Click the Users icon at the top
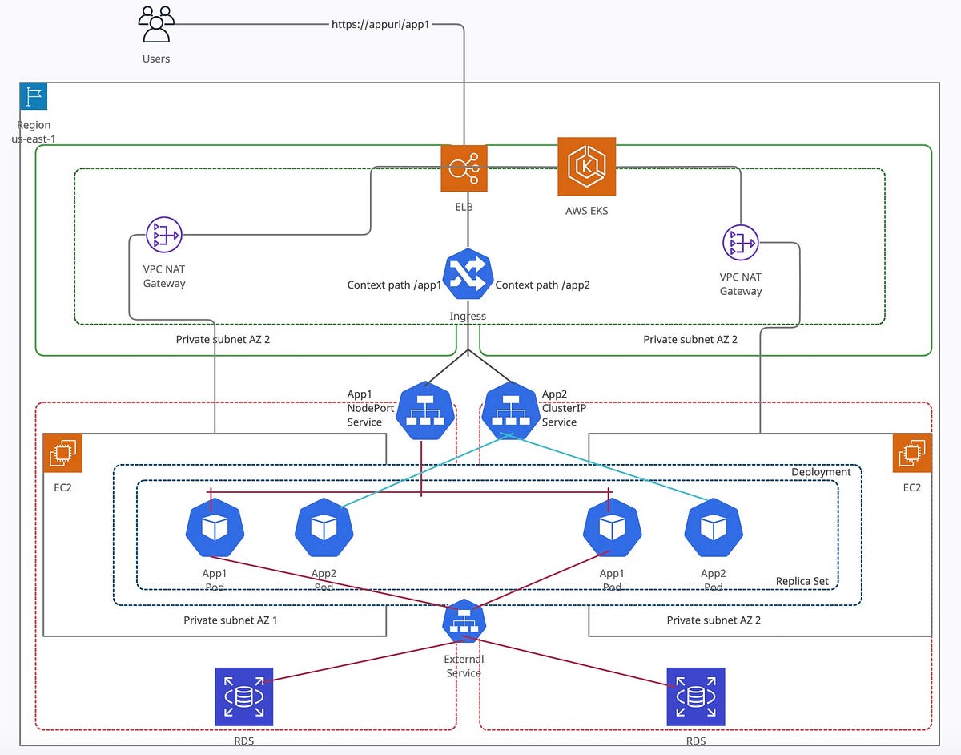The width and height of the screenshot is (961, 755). pos(156,24)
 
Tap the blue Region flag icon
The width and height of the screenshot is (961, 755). pos(34,96)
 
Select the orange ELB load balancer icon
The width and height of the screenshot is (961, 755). pos(464,168)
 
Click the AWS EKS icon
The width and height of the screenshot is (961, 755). pos(587,166)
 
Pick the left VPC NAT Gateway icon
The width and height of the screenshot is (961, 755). pos(164,236)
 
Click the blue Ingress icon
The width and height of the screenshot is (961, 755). pos(467,277)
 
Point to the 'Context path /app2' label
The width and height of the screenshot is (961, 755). pos(542,285)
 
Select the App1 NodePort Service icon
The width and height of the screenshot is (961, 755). pos(425,410)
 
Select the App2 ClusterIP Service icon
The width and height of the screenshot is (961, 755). pos(509,410)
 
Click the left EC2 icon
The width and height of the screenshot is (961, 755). pos(62,454)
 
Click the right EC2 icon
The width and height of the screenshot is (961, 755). pos(912,454)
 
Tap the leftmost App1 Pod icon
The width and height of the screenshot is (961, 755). pos(215,527)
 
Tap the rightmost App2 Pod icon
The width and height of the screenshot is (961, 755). pos(714,527)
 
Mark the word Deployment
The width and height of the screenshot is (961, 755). pos(820,472)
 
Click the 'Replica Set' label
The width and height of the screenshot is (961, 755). pos(802,581)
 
